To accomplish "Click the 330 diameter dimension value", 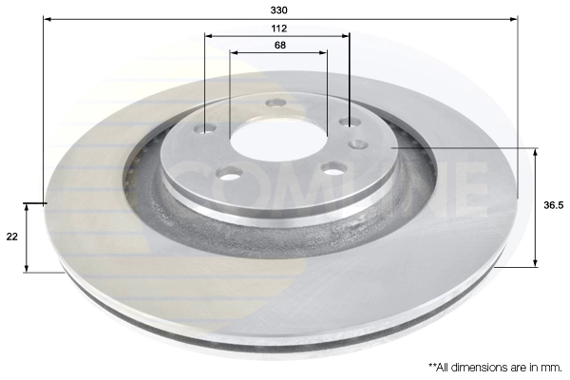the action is pos(278,10).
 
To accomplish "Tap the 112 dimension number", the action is pos(278,28).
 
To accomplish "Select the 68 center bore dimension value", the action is pos(280,45).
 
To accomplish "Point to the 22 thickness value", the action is pos(12,237).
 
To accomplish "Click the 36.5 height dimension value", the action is pos(554,205).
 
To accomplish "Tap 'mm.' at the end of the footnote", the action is pos(551,368).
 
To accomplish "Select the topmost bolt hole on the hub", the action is pos(275,103).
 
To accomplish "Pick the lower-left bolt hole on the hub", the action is pos(229,173).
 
